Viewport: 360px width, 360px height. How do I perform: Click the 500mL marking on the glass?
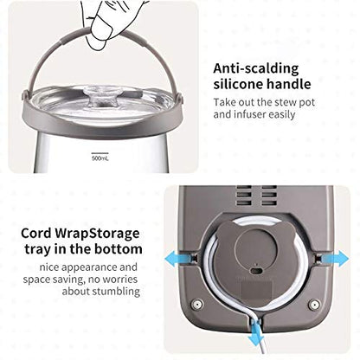tap(100, 158)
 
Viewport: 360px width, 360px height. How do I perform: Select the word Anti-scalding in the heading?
tap(256, 69)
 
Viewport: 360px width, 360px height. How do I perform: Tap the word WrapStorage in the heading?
tap(97, 234)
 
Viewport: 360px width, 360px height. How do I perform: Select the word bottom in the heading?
tap(119, 249)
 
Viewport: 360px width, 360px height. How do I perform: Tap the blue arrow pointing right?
tap(334, 258)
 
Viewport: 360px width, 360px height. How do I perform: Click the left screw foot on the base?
tap(197, 304)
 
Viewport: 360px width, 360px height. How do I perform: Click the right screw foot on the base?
tap(314, 305)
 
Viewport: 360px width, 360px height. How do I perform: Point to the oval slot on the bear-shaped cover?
tap(255, 272)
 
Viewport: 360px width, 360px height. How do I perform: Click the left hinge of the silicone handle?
tap(26, 95)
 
